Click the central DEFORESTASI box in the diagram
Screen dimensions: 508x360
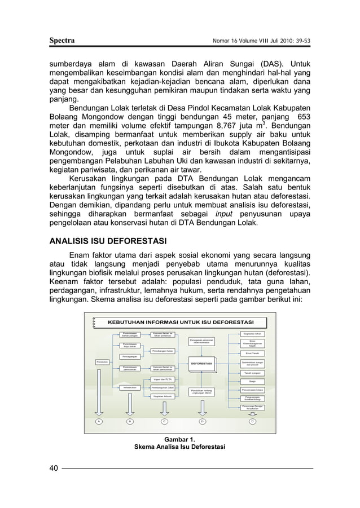tap(201, 364)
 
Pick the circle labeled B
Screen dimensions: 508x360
tap(130, 421)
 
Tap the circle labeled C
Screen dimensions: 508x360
tap(164, 421)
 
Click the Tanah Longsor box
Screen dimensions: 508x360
tap(251, 373)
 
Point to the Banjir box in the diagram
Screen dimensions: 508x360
tap(251, 382)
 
